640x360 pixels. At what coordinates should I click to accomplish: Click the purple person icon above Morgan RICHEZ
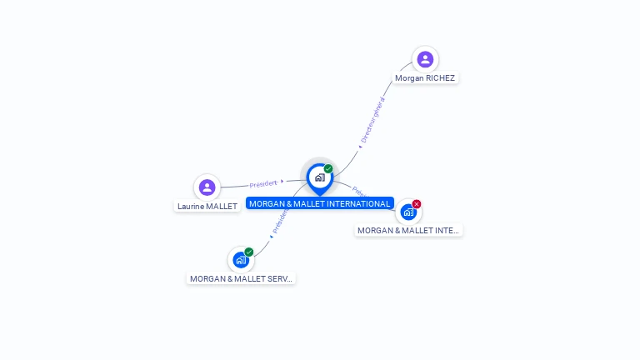tap(425, 59)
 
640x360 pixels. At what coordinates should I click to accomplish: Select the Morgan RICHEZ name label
tap(425, 77)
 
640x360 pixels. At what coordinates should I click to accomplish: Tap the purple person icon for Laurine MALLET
tap(207, 187)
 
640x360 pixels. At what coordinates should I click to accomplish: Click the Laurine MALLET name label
tap(207, 206)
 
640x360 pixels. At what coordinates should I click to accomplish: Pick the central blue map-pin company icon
tap(319, 177)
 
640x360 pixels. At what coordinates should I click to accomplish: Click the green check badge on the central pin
tap(328, 168)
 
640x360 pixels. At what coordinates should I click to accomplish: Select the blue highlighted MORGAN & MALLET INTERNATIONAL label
tap(320, 203)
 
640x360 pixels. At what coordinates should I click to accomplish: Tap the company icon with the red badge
tap(408, 212)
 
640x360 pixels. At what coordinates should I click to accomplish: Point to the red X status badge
tap(417, 204)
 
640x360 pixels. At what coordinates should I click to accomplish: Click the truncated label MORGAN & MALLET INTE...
tap(408, 230)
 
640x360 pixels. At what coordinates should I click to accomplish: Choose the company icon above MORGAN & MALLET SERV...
tap(241, 260)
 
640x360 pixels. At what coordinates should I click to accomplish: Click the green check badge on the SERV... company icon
tap(249, 252)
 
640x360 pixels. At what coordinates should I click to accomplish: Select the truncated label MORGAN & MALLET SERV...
tap(241, 278)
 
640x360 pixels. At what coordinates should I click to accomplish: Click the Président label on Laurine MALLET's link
tap(263, 184)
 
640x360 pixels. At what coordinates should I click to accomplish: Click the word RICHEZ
tap(440, 77)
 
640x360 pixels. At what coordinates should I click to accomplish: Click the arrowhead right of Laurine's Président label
tap(282, 181)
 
